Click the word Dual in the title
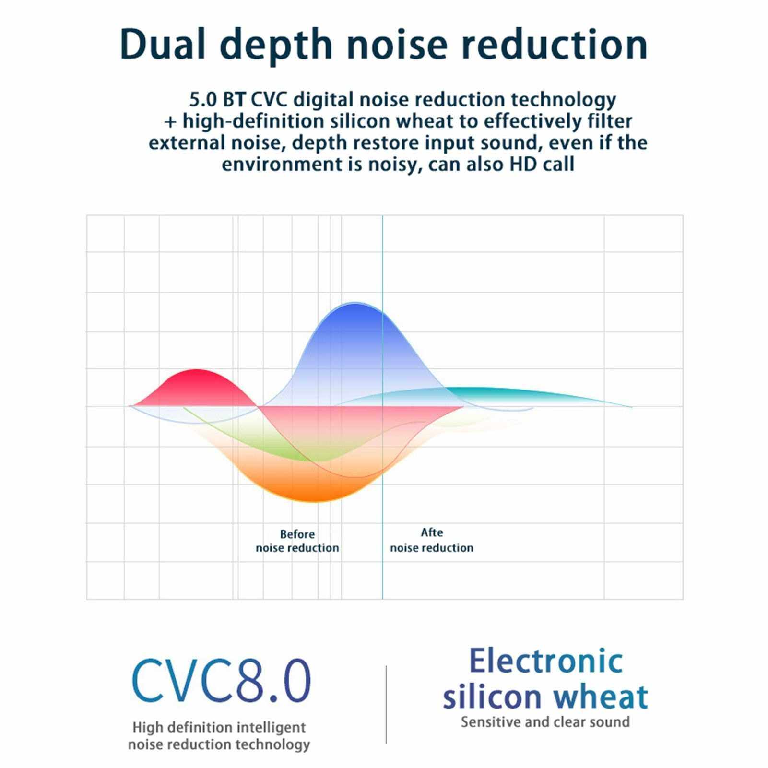163,44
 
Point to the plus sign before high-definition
170,122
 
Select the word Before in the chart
297,534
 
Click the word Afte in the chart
432,532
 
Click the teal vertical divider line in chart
382,480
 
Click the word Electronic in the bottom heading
545,661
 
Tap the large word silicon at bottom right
492,697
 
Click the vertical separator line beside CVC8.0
386,704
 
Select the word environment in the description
282,165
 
